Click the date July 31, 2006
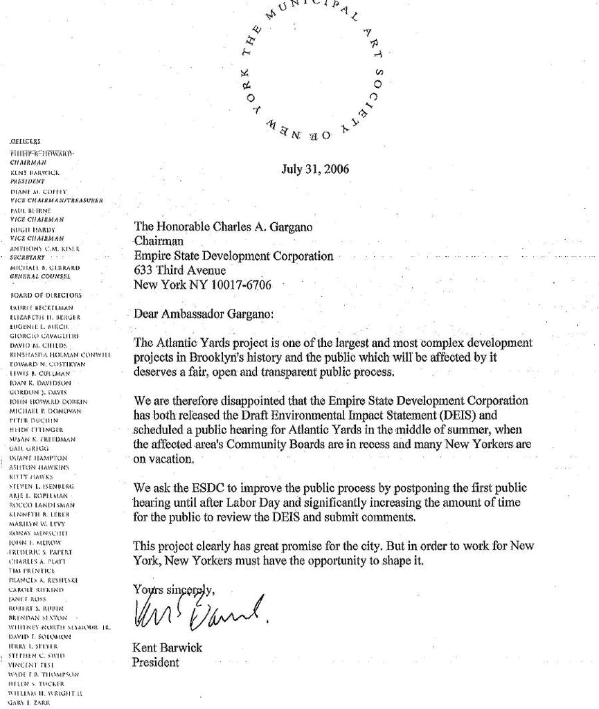(315, 170)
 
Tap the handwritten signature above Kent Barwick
(197, 609)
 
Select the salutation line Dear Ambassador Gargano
(204, 314)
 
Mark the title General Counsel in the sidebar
(41, 276)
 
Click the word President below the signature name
(155, 662)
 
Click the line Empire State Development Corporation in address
(233, 256)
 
